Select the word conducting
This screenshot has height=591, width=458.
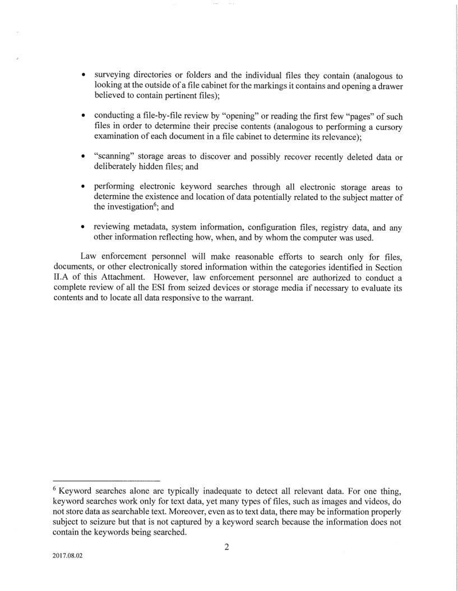[x=116, y=116]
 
